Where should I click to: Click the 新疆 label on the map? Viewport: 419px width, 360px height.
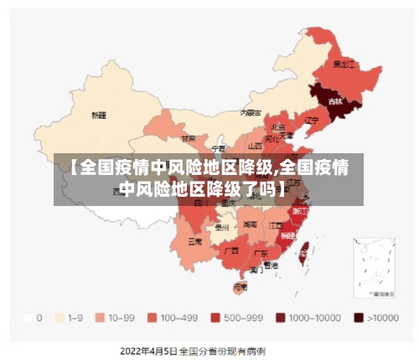pos(100,115)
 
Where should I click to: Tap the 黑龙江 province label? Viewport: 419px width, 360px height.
pos(344,64)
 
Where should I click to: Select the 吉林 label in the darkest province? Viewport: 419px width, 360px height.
pos(335,101)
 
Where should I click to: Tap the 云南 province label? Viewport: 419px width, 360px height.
pos(194,241)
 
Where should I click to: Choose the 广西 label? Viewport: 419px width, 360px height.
pos(230,250)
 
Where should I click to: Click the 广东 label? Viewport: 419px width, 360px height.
pos(261,252)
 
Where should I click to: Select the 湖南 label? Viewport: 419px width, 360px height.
pos(250,224)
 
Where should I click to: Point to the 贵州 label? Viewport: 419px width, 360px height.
pos(222,226)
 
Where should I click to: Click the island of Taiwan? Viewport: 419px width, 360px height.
pos(305,248)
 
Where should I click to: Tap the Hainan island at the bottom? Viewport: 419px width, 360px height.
pos(241,286)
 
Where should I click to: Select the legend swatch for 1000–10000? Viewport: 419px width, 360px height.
pos(281,318)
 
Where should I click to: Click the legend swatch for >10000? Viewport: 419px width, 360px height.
pos(359,318)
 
